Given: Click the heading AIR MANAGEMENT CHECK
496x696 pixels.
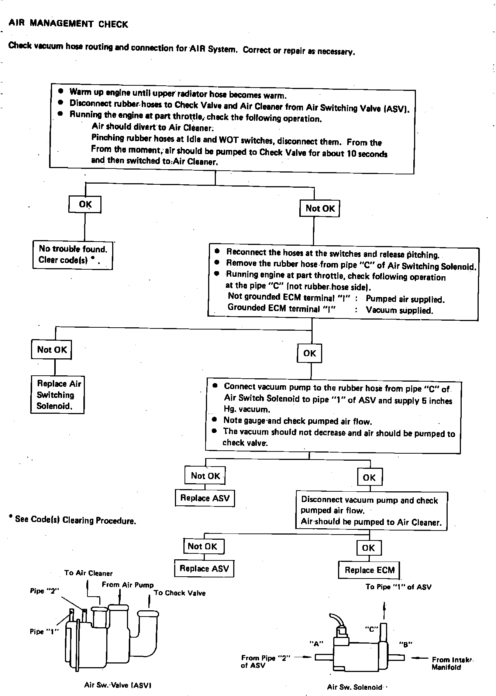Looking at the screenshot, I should [68, 24].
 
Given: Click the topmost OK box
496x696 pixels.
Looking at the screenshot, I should [85, 204].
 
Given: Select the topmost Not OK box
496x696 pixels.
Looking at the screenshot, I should [320, 208].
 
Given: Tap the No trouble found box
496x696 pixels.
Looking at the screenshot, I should [73, 255].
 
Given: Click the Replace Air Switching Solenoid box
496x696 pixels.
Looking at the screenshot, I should [57, 395].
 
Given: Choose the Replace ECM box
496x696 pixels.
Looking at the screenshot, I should [369, 570].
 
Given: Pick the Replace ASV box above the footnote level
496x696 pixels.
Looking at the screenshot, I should [205, 498].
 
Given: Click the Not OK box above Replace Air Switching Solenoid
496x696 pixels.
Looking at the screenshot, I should [52, 349].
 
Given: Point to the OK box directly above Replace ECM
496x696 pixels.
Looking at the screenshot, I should [369, 548].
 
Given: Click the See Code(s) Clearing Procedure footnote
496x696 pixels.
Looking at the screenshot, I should [73, 520].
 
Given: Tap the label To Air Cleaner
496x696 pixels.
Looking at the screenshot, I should [88, 573].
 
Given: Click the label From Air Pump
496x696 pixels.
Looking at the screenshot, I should [127, 585].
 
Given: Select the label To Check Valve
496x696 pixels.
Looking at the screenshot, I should [179, 593].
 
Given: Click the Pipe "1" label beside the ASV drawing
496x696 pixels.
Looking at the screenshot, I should [44, 631].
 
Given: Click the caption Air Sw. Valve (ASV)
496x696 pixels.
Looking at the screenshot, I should [118, 685].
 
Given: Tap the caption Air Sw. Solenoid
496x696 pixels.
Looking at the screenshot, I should [354, 687].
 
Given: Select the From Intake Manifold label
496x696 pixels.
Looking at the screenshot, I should [452, 663].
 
